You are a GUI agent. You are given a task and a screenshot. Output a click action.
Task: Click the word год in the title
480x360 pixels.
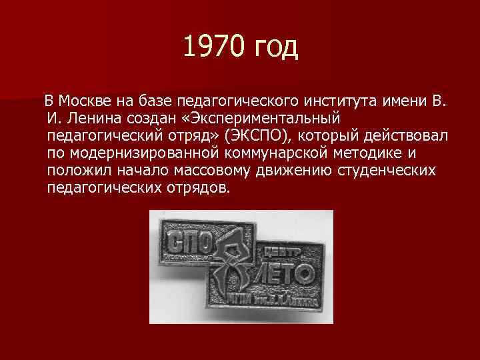(275, 48)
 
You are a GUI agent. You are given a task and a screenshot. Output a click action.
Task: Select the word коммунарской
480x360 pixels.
(283, 153)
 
